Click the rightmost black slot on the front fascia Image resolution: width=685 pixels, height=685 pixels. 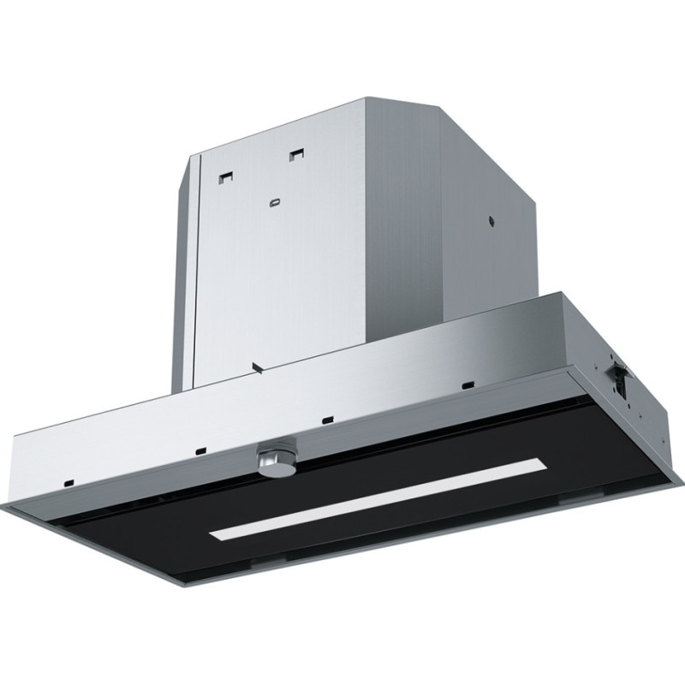pos(467,384)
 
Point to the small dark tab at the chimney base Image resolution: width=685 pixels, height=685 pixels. pos(257,369)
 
